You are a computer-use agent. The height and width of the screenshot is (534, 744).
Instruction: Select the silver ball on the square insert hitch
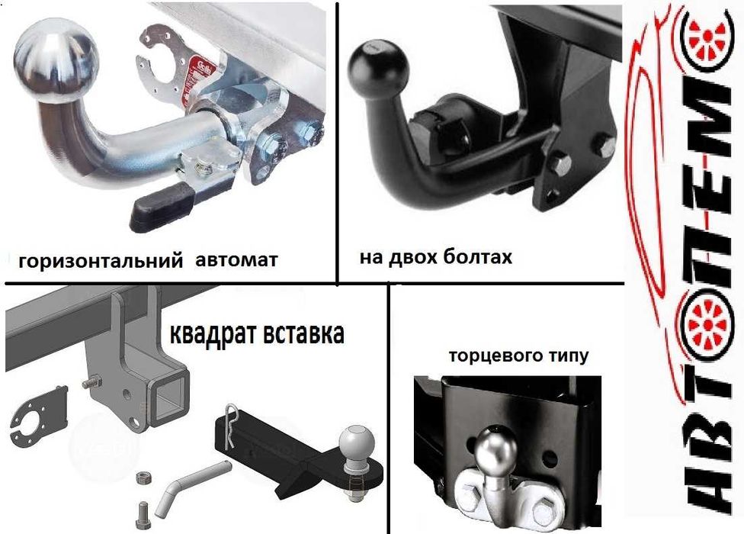[x=355, y=444]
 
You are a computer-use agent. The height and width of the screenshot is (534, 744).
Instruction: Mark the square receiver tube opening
[x=169, y=396]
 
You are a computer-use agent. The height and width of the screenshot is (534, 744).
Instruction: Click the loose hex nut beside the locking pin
[x=143, y=478]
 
